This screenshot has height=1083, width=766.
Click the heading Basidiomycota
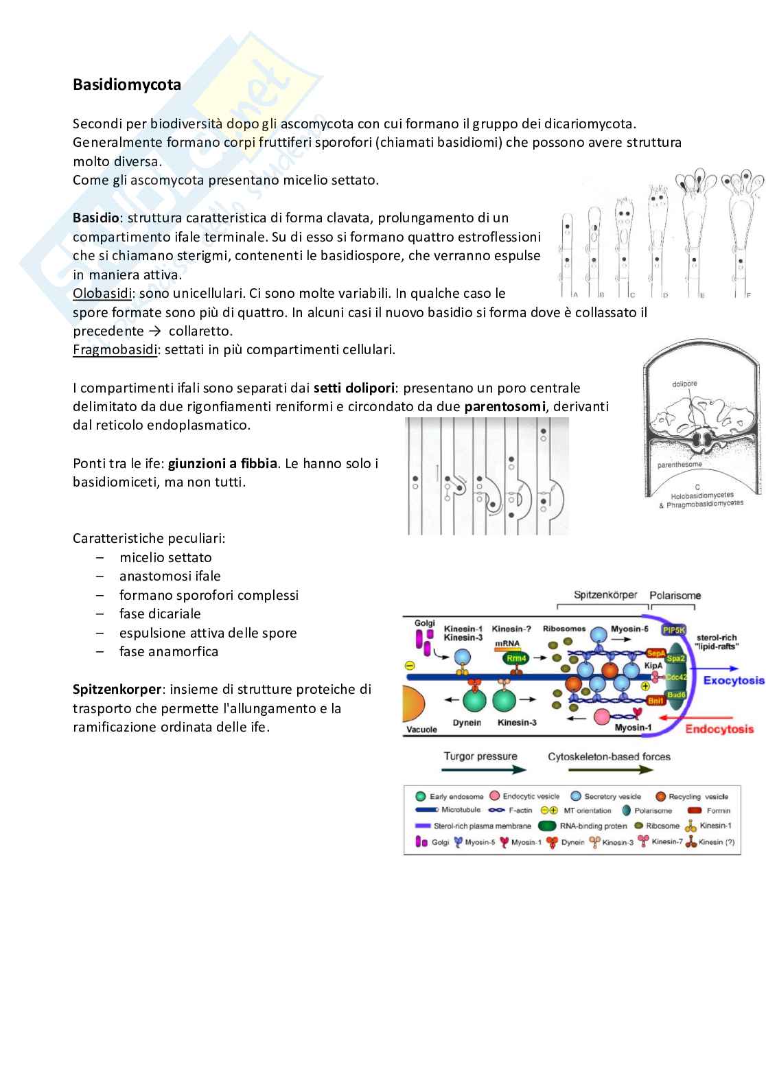tap(127, 85)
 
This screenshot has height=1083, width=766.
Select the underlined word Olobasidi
tap(102, 294)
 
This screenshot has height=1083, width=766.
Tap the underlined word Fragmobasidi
tap(115, 350)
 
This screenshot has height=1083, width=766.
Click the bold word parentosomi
tap(504, 407)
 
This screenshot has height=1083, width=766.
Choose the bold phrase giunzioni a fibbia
tap(222, 463)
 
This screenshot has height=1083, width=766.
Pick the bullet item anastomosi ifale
tap(170, 577)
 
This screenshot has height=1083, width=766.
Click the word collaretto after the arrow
tap(200, 331)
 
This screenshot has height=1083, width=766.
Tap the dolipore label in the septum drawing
tap(684, 384)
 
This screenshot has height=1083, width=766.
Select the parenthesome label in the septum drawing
tap(680, 465)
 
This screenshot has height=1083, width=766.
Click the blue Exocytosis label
tap(733, 681)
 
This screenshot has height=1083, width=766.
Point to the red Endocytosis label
tap(719, 729)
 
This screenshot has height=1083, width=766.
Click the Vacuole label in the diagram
tap(421, 729)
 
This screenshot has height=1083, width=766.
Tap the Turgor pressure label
tap(480, 756)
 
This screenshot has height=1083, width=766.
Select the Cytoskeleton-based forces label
tap(609, 756)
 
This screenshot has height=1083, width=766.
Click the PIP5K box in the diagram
tap(673, 630)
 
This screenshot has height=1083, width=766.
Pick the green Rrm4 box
tap(515, 658)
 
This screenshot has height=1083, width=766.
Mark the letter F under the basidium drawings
tap(748, 295)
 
